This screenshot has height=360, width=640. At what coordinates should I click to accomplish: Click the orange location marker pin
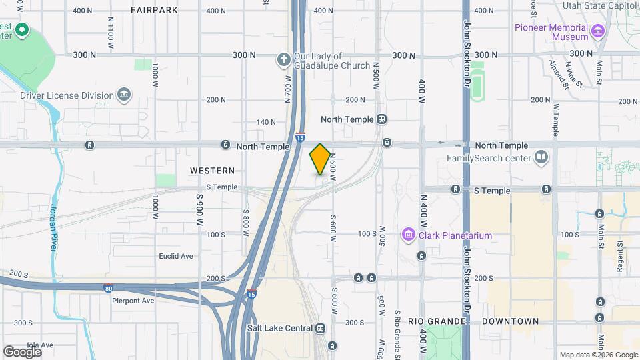(320, 159)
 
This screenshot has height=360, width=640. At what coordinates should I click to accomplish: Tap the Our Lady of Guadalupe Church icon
(283, 60)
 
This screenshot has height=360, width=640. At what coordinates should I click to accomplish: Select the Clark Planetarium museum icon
(407, 235)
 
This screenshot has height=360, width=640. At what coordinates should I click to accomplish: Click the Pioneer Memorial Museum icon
(597, 31)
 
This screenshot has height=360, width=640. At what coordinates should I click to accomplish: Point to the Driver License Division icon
(123, 95)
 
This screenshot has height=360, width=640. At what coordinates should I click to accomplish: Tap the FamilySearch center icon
(541, 158)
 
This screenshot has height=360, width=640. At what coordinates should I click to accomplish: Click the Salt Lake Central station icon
(321, 328)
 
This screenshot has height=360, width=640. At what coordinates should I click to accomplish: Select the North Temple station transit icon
(381, 119)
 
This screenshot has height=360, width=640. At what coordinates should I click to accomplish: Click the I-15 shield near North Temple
(301, 136)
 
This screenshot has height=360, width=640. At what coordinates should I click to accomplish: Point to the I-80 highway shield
(108, 289)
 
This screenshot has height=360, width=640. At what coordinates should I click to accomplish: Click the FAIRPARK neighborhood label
(154, 10)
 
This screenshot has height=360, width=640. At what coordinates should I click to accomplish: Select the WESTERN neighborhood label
(212, 171)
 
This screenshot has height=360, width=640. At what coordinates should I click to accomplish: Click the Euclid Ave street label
(175, 256)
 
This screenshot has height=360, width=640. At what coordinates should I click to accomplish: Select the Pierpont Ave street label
(133, 301)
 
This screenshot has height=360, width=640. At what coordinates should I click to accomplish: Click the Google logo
(22, 351)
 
